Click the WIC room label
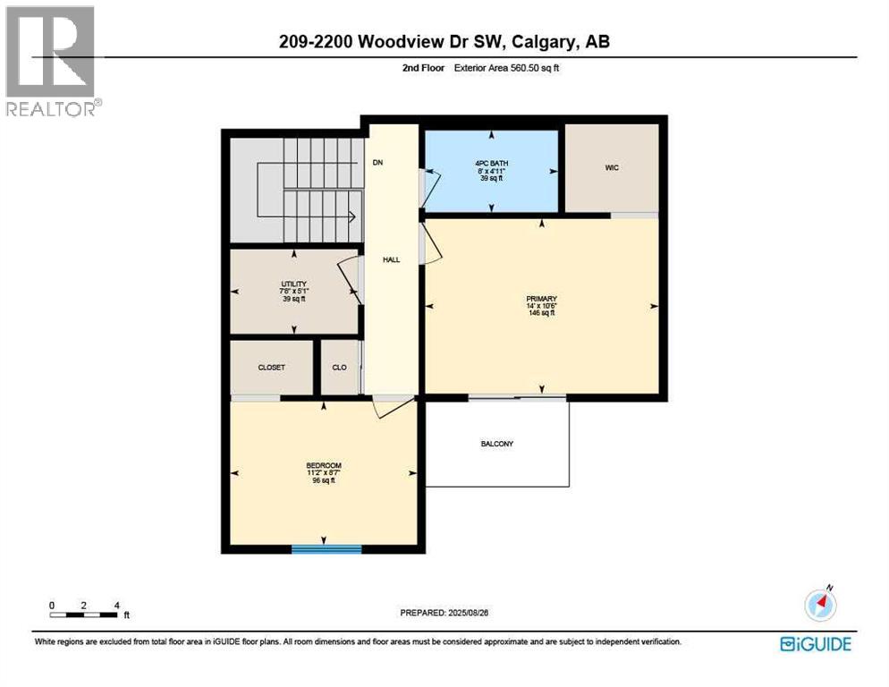pyautogui.click(x=612, y=167)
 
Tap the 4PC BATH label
pyautogui.click(x=491, y=162)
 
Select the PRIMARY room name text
pyautogui.click(x=542, y=299)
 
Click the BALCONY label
pyautogui.click(x=496, y=444)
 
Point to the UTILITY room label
pyautogui.click(x=292, y=284)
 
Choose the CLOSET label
pyautogui.click(x=271, y=367)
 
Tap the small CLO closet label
pyautogui.click(x=339, y=367)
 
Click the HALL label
pyautogui.click(x=392, y=259)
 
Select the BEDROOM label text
pyautogui.click(x=324, y=465)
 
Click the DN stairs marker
pyautogui.click(x=378, y=163)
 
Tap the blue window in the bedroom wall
pyautogui.click(x=326, y=548)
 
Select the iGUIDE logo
pyautogui.click(x=815, y=643)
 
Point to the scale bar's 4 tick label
pyautogui.click(x=116, y=605)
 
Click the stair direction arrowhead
pyautogui.click(x=352, y=216)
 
